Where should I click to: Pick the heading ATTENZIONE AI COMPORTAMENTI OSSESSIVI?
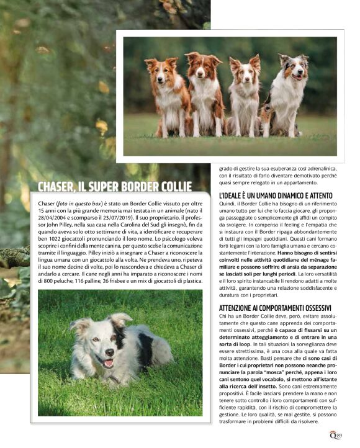[275, 308]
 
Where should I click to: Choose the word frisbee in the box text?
[126, 281]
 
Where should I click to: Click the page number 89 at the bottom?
[338, 436]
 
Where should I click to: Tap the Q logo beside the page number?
[333, 436]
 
